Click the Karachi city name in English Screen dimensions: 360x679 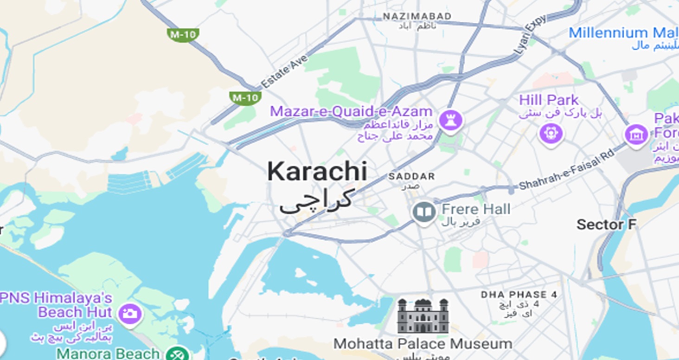coord(317,172)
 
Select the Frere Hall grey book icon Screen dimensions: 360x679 coord(424,212)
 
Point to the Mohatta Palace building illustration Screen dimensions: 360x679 coord(423,316)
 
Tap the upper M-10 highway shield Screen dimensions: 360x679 coord(183,34)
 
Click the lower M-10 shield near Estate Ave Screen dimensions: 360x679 coord(245,97)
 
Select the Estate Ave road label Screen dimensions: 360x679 coord(284,71)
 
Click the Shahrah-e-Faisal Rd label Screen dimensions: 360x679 coord(566,169)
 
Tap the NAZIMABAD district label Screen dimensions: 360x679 coord(417,17)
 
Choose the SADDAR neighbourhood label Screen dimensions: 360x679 coord(412,176)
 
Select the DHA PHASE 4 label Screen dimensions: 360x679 coord(519,295)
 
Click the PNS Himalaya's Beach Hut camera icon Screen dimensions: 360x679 coord(130,314)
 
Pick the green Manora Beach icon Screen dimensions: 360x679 coord(177,354)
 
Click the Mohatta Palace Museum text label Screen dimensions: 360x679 coord(423,344)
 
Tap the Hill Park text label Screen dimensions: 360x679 coord(549,100)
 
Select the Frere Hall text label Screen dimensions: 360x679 coord(476,209)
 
